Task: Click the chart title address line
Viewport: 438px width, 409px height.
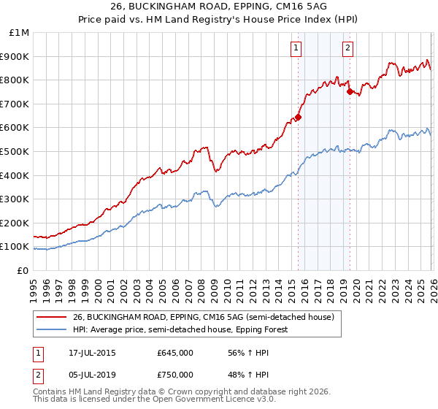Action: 219,7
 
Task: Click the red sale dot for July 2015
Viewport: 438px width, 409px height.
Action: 298,117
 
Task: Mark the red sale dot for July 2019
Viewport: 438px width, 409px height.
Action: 350,91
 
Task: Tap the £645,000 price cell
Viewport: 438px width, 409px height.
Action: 175,353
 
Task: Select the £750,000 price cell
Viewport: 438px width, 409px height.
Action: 175,375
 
